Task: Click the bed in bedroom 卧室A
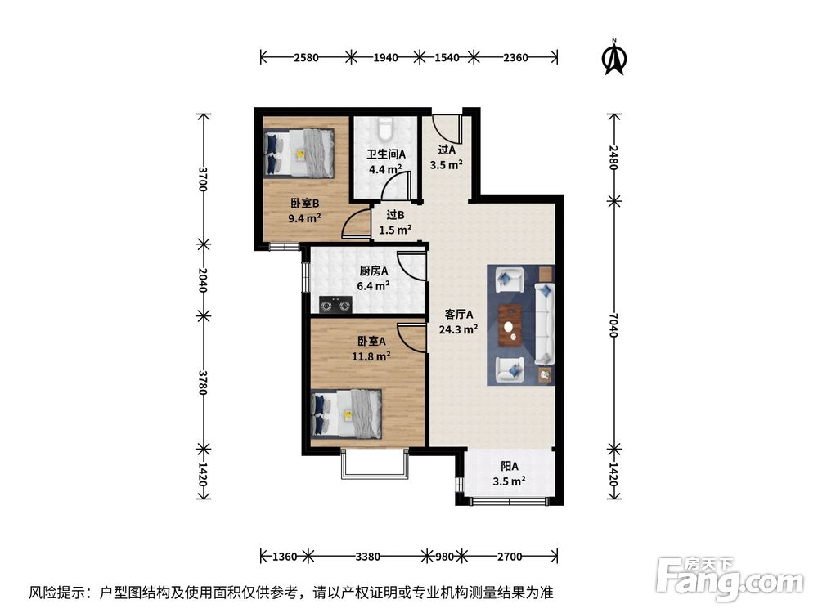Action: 347,413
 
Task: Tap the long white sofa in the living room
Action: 545,324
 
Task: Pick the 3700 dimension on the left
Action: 202,178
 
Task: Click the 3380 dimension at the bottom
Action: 368,557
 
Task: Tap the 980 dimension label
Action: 444,557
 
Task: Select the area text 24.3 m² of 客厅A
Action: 459,330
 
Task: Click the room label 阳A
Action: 509,467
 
